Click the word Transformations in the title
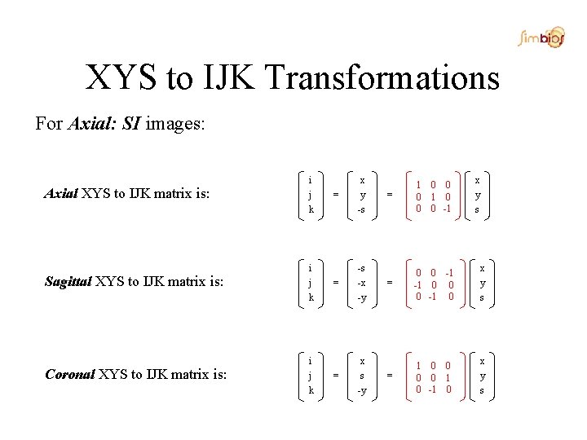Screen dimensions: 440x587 click(382, 78)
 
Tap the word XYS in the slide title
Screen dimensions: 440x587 click(122, 78)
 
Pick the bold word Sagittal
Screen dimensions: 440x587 click(68, 283)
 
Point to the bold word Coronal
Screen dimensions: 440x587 click(69, 374)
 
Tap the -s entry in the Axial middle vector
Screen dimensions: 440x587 click(361, 209)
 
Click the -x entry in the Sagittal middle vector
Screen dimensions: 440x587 click(361, 282)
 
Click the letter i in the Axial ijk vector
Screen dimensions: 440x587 click(311, 179)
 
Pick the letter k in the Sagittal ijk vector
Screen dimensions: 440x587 click(311, 298)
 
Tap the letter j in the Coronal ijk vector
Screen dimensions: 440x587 click(311, 375)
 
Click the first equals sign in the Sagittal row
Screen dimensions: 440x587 click(336, 283)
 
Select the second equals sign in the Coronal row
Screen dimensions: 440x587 click(389, 375)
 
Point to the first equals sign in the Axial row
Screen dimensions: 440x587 click(336, 194)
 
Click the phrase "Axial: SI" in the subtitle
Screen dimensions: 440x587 click(104, 124)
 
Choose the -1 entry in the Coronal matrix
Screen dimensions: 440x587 click(433, 389)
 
